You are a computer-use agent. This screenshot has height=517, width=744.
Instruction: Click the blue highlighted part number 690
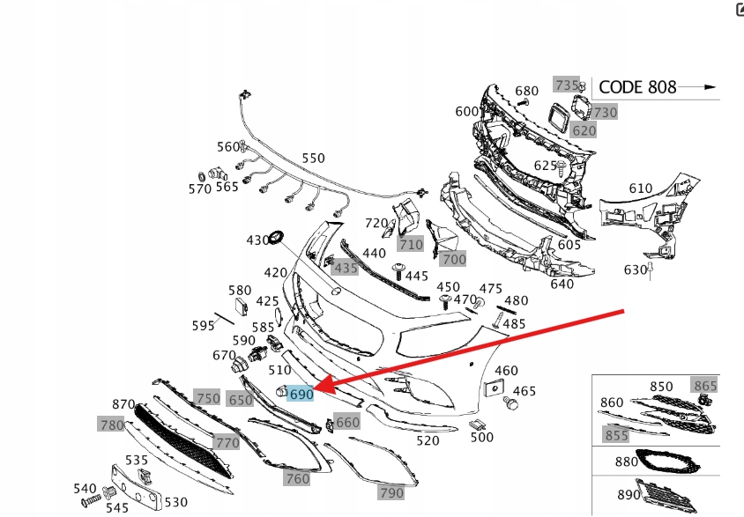tap(301, 395)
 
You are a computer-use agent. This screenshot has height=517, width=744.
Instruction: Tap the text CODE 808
tap(637, 86)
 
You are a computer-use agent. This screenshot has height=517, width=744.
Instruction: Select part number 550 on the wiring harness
tap(313, 159)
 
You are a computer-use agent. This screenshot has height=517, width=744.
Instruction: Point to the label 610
tap(640, 188)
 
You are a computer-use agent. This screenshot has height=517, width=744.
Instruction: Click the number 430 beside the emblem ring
tap(257, 240)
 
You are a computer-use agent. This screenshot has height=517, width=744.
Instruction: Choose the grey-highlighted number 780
tap(111, 425)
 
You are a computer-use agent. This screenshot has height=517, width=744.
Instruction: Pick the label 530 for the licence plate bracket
tap(176, 502)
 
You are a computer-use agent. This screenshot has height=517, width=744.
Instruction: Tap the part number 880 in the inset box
tap(626, 461)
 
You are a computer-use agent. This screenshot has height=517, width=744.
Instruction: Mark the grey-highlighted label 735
tap(565, 85)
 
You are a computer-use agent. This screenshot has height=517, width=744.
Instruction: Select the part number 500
tap(481, 437)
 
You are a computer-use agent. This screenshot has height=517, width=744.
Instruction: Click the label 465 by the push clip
tap(524, 391)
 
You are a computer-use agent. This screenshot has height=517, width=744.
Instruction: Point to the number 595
tap(204, 326)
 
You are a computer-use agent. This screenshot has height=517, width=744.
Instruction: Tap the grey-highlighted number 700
tap(453, 259)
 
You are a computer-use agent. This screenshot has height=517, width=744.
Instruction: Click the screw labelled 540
tap(85, 488)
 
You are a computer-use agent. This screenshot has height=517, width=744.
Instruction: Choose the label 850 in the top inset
tap(661, 386)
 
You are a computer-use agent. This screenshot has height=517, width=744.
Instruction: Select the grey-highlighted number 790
tap(391, 493)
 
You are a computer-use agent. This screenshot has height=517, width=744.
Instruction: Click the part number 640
tap(562, 284)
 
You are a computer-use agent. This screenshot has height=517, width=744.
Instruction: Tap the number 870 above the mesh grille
tap(124, 404)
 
